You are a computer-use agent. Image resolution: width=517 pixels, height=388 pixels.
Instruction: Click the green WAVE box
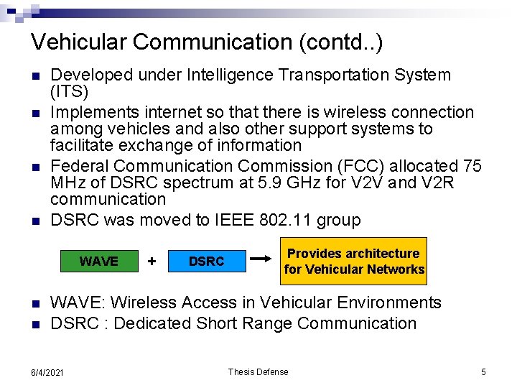pyautogui.click(x=99, y=262)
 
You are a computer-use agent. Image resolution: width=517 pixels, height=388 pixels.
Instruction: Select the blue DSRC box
pyautogui.click(x=206, y=262)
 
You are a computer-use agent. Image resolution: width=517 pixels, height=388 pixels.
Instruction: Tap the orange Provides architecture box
pyautogui.click(x=354, y=262)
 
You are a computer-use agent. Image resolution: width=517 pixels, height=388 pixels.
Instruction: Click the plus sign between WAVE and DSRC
pyautogui.click(x=152, y=261)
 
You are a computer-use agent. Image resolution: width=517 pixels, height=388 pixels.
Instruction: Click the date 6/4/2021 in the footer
pyautogui.click(x=47, y=372)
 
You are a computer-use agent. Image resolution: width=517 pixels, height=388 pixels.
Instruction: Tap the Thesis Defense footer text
pyautogui.click(x=258, y=371)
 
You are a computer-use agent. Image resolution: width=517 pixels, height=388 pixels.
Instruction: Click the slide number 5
pyautogui.click(x=483, y=371)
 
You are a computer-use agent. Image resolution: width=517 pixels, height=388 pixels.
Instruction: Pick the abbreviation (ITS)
pyautogui.click(x=70, y=92)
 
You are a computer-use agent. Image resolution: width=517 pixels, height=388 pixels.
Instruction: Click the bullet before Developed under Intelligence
pyautogui.click(x=34, y=75)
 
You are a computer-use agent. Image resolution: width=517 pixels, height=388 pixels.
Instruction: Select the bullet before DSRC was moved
pyautogui.click(x=34, y=221)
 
